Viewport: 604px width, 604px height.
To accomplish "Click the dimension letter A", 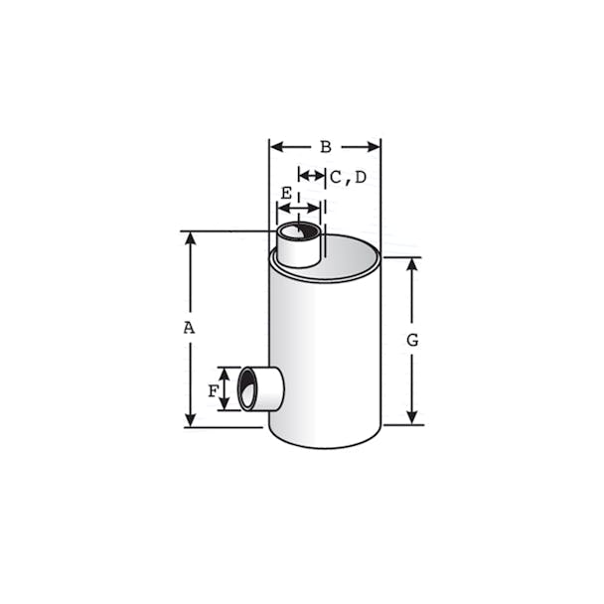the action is (189, 328).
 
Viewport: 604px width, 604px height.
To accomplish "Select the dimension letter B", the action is (326, 147).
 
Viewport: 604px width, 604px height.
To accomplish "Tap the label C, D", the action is (349, 178).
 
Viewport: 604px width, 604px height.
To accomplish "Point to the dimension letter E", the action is (286, 193).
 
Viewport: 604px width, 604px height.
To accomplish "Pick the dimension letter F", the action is (213, 391).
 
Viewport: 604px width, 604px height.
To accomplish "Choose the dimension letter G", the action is (412, 340).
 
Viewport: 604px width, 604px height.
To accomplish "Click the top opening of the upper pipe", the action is (299, 232).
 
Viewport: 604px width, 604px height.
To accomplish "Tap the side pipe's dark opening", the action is (246, 388).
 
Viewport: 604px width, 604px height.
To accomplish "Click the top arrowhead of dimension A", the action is (191, 238).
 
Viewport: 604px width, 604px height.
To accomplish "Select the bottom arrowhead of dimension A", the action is (191, 420).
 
